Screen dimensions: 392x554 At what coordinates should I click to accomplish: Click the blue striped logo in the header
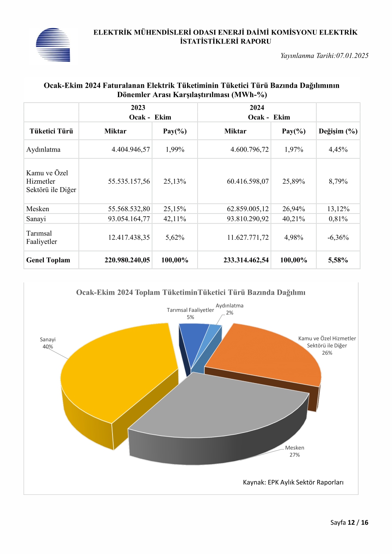click(53, 45)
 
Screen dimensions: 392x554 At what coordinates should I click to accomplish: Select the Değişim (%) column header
click(338, 131)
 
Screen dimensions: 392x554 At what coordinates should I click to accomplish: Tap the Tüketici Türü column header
click(51, 131)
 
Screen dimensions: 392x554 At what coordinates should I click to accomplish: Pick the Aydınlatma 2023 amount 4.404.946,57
click(131, 149)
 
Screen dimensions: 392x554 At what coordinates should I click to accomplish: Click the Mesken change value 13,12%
click(338, 209)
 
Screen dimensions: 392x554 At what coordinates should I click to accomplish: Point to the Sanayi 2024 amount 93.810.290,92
click(248, 219)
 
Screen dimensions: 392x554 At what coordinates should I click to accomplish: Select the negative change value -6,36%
click(338, 237)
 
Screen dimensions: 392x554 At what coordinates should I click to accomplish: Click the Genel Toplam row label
click(48, 260)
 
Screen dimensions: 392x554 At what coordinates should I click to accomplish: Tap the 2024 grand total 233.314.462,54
click(246, 260)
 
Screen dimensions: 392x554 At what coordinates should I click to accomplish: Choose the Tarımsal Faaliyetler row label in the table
click(42, 237)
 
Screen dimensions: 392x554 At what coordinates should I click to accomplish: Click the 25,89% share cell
click(294, 181)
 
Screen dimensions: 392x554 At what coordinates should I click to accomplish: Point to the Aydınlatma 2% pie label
click(229, 309)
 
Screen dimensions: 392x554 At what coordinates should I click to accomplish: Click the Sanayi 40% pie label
click(48, 343)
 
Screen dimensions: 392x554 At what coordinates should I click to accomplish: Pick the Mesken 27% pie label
click(295, 451)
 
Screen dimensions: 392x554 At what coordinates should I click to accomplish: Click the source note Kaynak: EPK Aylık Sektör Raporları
click(293, 482)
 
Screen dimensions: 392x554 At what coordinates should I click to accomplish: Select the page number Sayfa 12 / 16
click(349, 522)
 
